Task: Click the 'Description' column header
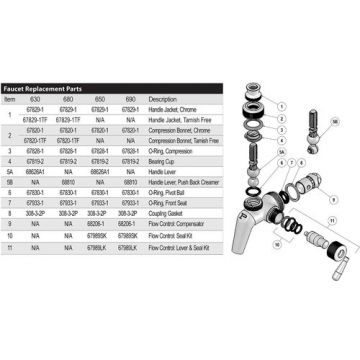(x=162, y=100)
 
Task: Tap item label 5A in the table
(x=9, y=170)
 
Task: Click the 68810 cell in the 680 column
(x=68, y=181)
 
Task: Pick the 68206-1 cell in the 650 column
(x=98, y=222)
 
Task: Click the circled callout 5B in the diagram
(x=335, y=120)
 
